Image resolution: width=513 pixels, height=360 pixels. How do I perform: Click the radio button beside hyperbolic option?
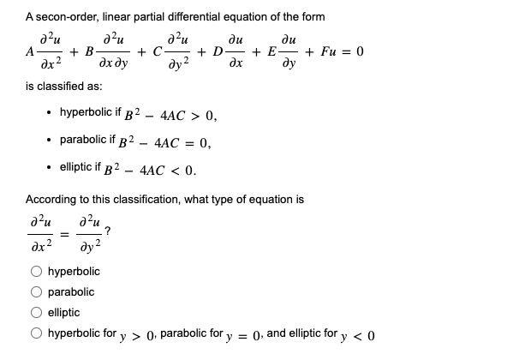36,272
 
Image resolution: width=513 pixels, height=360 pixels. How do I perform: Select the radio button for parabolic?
36,292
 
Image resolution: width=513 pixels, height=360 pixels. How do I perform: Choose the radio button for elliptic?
36,313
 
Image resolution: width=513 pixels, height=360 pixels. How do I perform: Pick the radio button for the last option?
36,333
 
